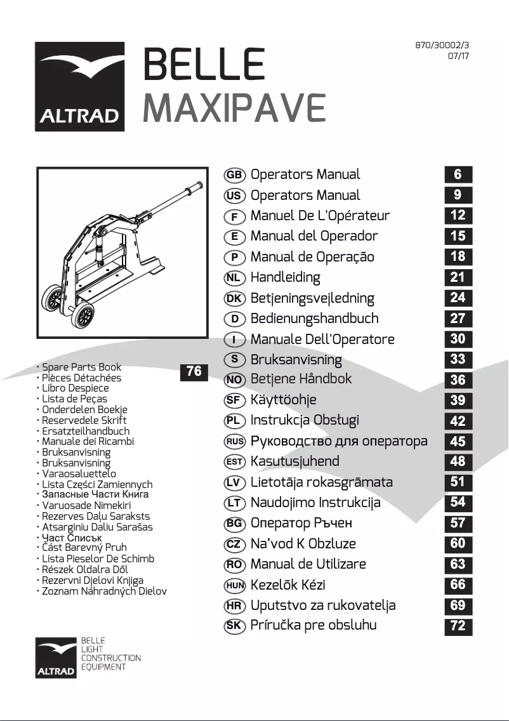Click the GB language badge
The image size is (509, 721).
pos(235,175)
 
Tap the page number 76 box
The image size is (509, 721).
pos(194,371)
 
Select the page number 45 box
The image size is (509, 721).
pos(458,441)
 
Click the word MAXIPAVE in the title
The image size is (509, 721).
pos(234,109)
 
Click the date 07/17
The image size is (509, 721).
pos(458,56)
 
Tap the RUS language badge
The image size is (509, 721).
pos(235,441)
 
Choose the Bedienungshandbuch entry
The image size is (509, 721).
pos(314,319)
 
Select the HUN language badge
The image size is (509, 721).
pos(235,585)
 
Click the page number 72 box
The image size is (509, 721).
pos(458,626)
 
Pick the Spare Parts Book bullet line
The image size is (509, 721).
pos(81,367)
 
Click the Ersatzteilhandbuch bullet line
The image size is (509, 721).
pos(85,431)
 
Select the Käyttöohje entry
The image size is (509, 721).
pos(283,400)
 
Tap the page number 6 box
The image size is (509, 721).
pos(458,175)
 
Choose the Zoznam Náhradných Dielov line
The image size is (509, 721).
pos(104,592)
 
